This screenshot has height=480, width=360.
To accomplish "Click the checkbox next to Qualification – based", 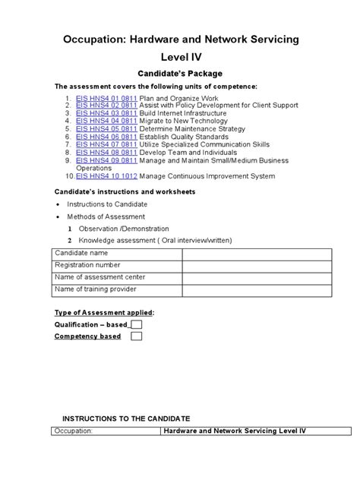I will click(x=137, y=324).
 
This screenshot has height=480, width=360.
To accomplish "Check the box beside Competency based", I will click(x=137, y=336).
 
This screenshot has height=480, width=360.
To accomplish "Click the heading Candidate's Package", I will click(x=179, y=74).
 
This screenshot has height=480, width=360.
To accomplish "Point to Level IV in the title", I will click(x=179, y=56).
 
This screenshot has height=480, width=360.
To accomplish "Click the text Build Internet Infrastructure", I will click(x=185, y=112).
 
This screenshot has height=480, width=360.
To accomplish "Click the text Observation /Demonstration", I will click(x=118, y=229).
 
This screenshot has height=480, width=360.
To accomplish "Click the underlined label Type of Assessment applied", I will click(x=104, y=312).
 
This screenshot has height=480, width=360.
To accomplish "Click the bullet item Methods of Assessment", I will click(x=107, y=216).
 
